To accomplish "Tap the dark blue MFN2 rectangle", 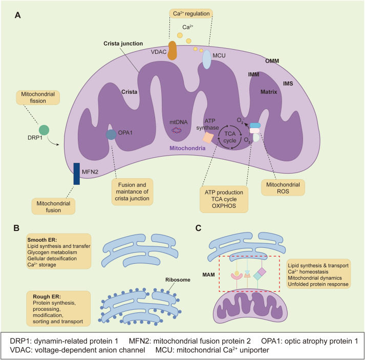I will pyautogui.click(x=76, y=174).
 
